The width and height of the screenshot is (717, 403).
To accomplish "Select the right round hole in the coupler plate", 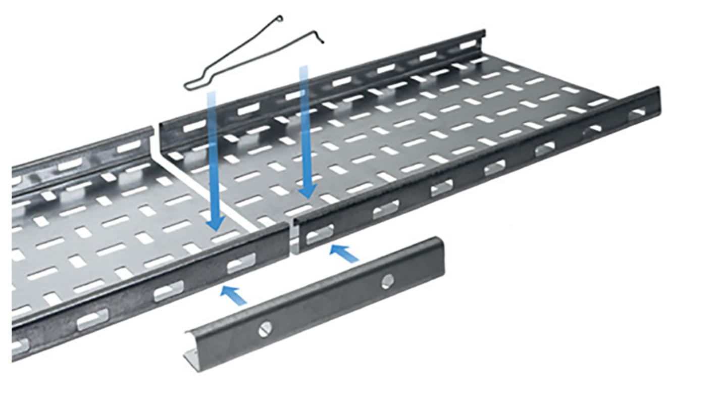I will point(387,281).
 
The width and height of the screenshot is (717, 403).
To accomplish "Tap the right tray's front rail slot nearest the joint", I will point(320,234).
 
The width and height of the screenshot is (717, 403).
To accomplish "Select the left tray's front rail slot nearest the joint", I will point(241,263).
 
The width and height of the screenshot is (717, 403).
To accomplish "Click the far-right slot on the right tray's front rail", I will point(638,114).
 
